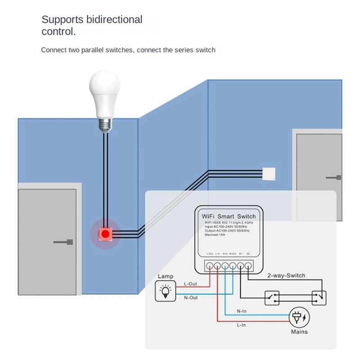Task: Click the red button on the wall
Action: pyautogui.click(x=105, y=234)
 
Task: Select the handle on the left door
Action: pyautogui.click(x=63, y=242)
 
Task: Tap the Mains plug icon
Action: pyautogui.click(x=299, y=317)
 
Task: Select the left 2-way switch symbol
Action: pyautogui.click(x=272, y=297)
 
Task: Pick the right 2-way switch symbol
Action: pyautogui.click(x=319, y=297)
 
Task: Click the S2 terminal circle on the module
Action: pyautogui.click(x=248, y=265)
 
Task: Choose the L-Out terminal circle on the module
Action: pyautogui.click(x=210, y=265)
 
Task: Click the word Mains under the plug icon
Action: pyautogui.click(x=299, y=332)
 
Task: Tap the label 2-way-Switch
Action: pyautogui.click(x=286, y=275)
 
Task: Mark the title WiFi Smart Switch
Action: pyautogui.click(x=229, y=216)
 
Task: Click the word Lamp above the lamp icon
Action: pyautogui.click(x=165, y=276)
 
